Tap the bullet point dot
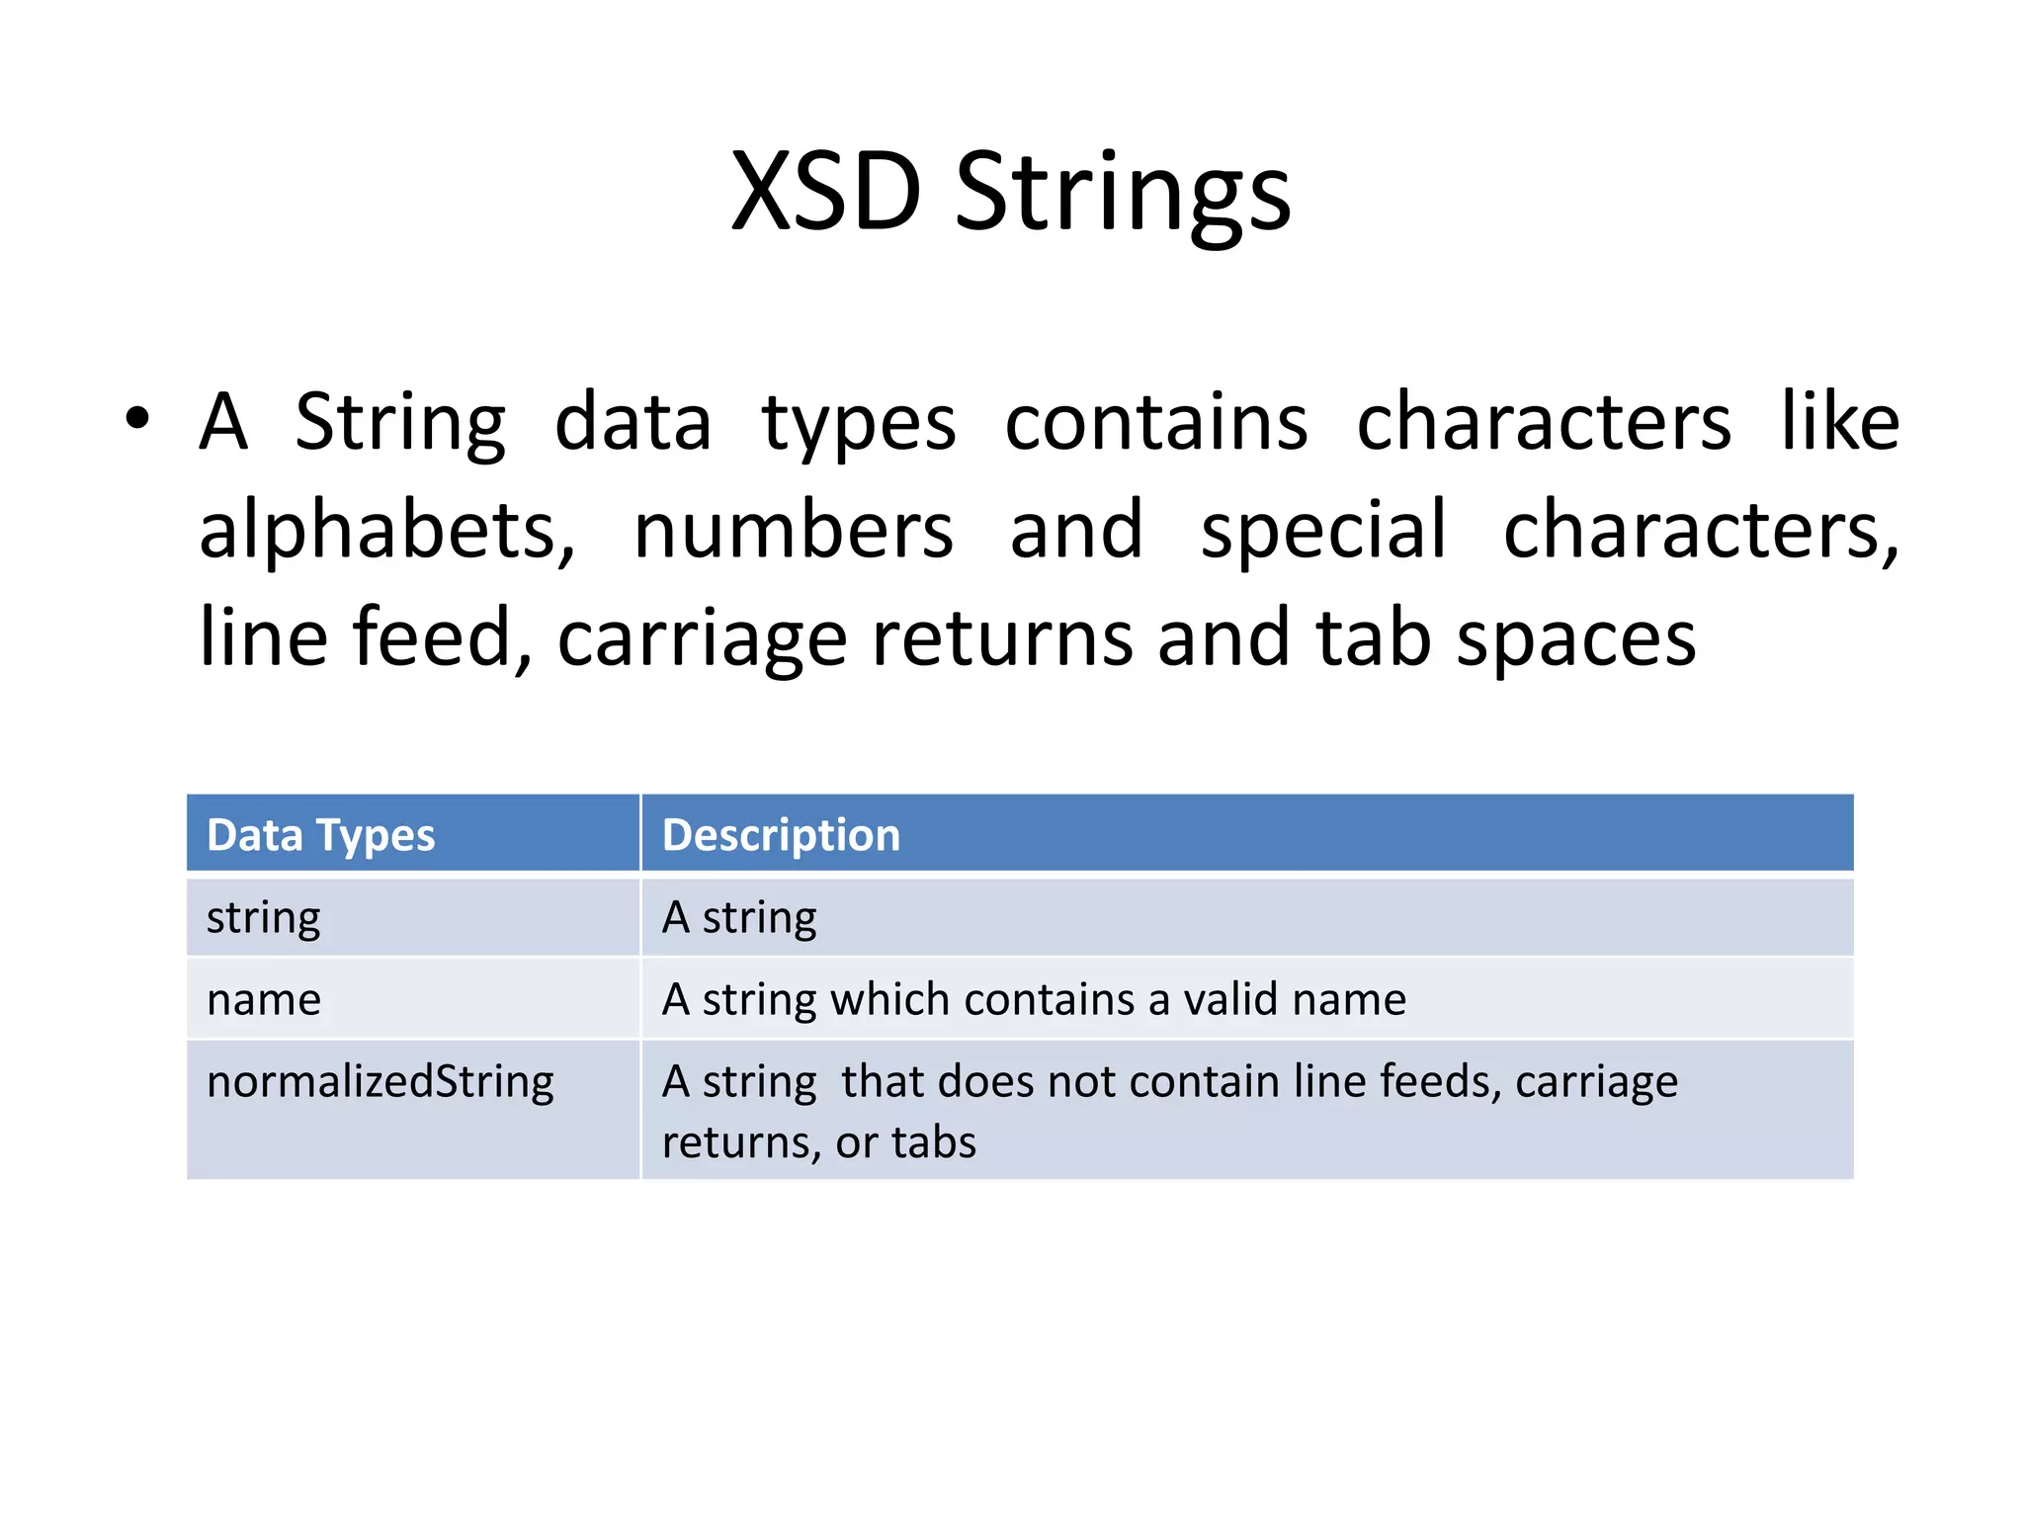pos(137,419)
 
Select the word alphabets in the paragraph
pos(386,530)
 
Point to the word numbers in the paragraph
pos(793,530)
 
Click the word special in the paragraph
pos(1322,530)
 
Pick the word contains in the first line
pos(1155,422)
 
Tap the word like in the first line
pos(1839,421)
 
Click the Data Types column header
pos(320,835)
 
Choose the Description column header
pos(781,835)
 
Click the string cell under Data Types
pos(263,918)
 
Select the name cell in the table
pos(263,1000)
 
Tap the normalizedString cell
pos(379,1081)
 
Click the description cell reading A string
pos(738,918)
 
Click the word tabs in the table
pos(933,1142)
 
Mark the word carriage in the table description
pos(1595,1082)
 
